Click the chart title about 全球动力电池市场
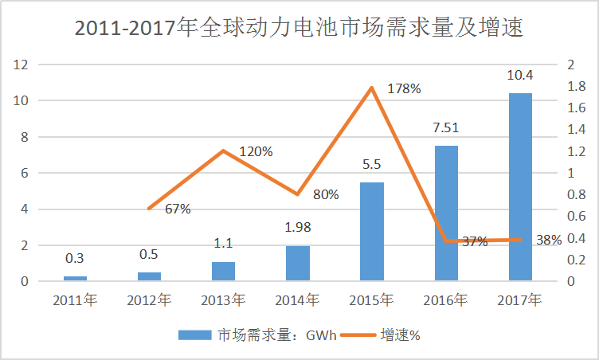point(299,29)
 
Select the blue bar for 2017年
point(520,187)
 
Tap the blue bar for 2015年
point(372,232)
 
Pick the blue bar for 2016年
point(446,213)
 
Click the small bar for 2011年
point(75,279)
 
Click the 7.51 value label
point(446,127)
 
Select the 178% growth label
point(403,88)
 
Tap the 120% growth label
point(256,151)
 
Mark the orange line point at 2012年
point(149,209)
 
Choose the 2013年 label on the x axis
point(223,300)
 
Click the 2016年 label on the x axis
point(446,300)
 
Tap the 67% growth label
point(178,209)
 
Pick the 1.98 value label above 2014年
point(297,228)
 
